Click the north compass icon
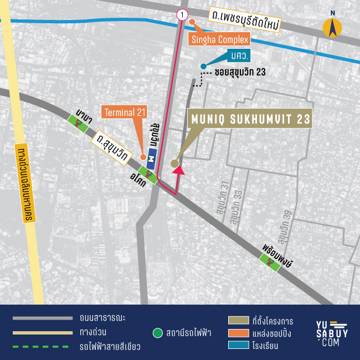[332, 26]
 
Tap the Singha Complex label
[220, 39]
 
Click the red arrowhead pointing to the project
[178, 171]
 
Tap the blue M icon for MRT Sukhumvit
[151, 160]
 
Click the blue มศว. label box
[239, 56]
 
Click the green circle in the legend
[157, 333]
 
